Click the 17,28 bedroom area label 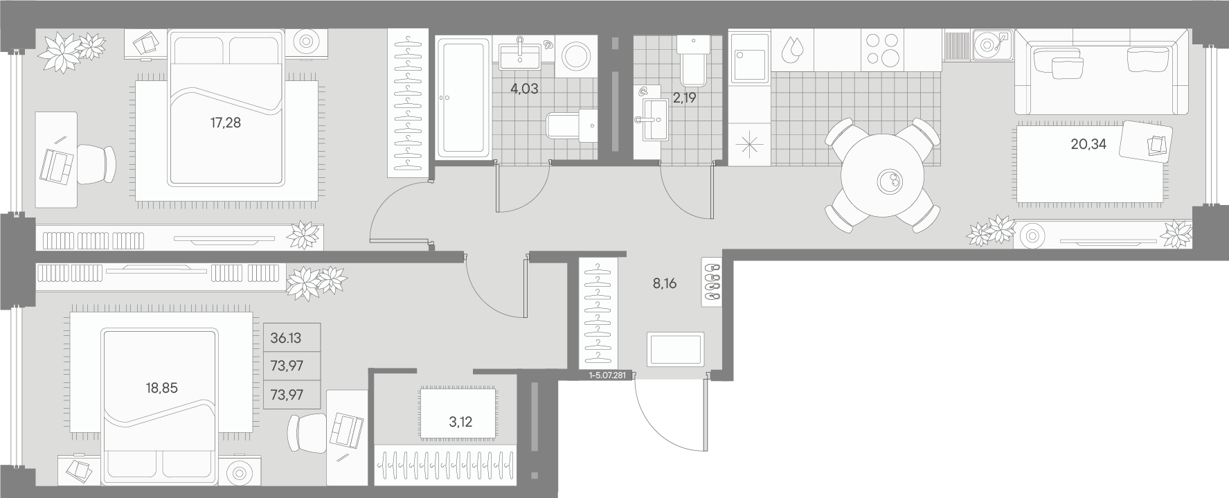(x=225, y=123)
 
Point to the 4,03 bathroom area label (x=524, y=89)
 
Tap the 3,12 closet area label (x=460, y=422)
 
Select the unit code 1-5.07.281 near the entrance (x=607, y=376)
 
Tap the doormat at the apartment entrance (x=676, y=349)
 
